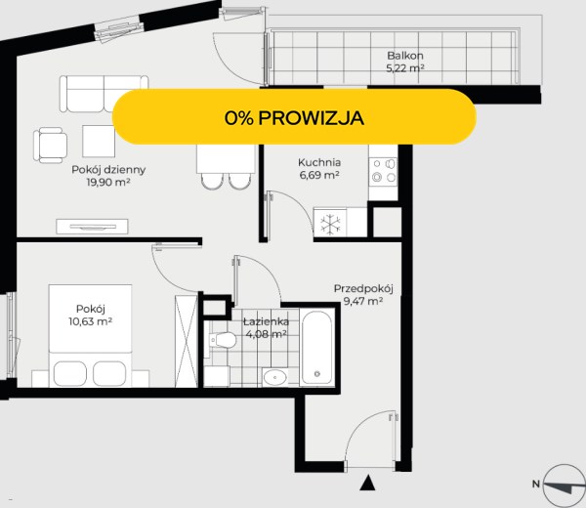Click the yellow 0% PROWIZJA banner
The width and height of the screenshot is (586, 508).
tap(294, 116)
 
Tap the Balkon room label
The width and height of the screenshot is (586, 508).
tap(405, 56)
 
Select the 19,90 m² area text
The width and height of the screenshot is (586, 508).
tap(108, 183)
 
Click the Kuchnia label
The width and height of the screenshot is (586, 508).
tap(319, 162)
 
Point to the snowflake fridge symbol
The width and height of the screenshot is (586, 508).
tap(331, 224)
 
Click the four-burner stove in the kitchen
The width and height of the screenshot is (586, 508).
tap(384, 172)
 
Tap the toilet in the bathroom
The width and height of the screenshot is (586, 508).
tap(223, 340)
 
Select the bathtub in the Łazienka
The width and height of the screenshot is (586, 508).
tap(316, 347)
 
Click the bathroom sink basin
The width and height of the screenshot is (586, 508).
tap(274, 377)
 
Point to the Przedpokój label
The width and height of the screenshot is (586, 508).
tap(363, 288)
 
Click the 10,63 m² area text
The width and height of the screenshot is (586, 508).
tap(91, 321)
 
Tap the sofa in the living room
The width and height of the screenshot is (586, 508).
tap(104, 94)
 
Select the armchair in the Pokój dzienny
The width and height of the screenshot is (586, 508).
tap(51, 145)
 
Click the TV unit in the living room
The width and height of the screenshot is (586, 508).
tap(92, 227)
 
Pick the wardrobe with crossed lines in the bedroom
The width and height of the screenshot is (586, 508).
tap(186, 341)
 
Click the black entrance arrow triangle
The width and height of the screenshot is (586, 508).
tap(367, 483)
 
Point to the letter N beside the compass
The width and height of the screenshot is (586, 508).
tap(536, 485)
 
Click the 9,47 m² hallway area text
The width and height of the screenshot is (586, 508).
tap(363, 301)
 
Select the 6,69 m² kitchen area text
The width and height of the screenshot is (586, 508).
tap(319, 175)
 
